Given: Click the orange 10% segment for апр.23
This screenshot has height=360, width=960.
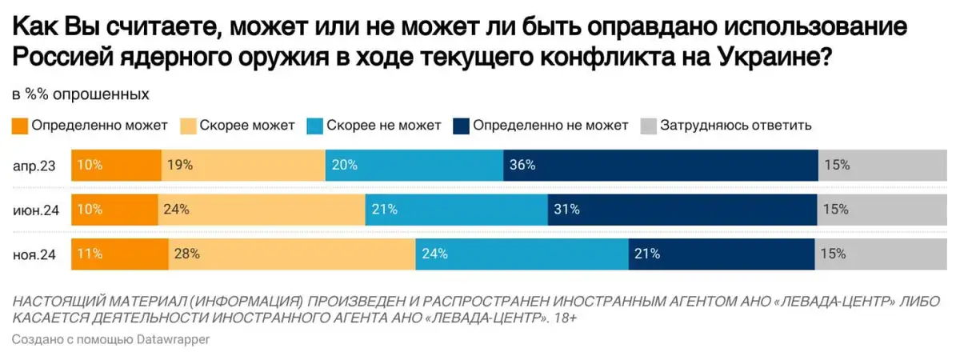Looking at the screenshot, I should pos(116,166).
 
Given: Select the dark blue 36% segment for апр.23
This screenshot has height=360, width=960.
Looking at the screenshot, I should pos(660,166).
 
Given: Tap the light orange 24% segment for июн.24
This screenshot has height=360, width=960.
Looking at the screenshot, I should pos(262,210).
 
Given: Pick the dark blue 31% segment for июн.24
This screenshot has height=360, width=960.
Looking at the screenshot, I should pos(681,210).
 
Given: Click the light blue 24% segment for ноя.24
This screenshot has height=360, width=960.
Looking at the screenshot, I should pos(522,254).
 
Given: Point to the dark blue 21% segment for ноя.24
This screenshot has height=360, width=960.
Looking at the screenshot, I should pos(721,254).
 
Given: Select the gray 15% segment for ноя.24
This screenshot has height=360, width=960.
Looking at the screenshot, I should pos(880,254).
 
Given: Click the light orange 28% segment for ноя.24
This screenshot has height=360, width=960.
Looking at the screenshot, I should pos(291,254).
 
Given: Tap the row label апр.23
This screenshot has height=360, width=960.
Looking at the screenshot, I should pos(34,166).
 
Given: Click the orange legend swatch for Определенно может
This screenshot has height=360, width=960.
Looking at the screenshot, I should pos(20,126).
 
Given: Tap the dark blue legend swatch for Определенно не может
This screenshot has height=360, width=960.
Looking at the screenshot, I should pos(461,126).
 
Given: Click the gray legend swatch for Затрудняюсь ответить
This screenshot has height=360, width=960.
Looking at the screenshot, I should pos(648,126).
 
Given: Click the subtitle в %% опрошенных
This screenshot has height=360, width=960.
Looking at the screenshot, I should pos(80,94).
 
